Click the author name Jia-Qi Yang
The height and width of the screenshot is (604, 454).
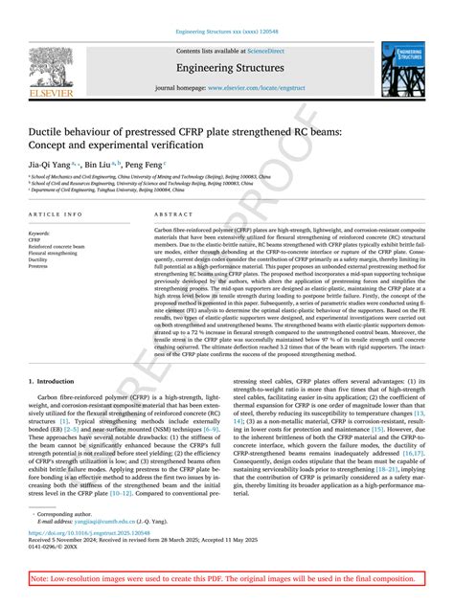click(x=48, y=165)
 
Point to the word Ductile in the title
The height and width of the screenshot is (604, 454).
click(x=54, y=126)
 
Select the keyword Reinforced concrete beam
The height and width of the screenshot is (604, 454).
click(x=59, y=245)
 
